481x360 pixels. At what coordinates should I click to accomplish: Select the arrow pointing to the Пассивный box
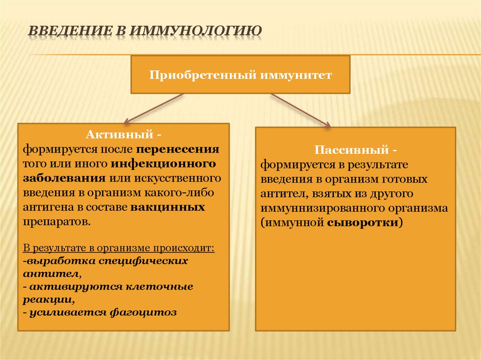pos(301,110)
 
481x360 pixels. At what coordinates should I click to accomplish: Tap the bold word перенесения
pos(178,150)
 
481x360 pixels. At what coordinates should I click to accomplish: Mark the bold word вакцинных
pos(168,207)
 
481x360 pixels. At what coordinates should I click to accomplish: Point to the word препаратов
pos(56,221)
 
